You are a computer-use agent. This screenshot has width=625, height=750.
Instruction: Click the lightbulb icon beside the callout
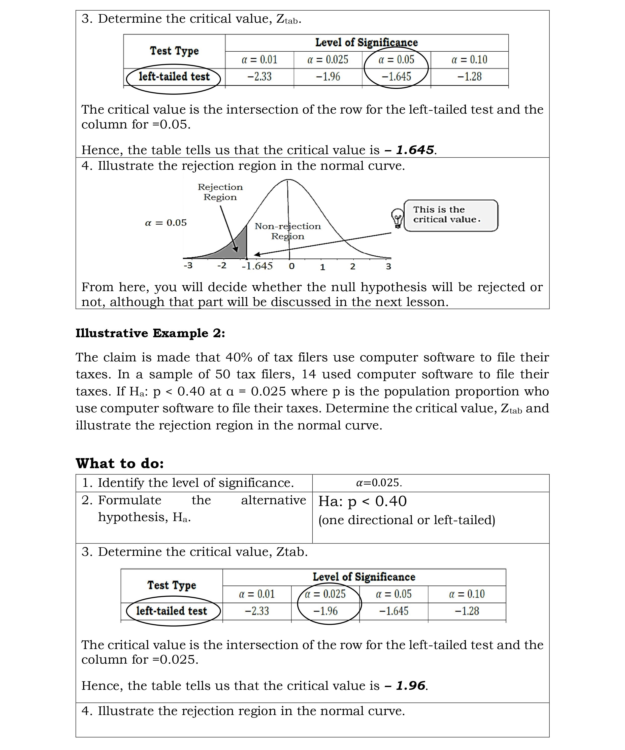click(x=397, y=218)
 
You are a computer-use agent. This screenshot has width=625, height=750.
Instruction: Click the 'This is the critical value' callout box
click(x=450, y=215)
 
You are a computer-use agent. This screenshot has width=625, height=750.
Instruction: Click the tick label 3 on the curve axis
click(x=388, y=266)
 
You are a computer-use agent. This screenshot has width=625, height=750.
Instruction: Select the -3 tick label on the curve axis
click(x=188, y=265)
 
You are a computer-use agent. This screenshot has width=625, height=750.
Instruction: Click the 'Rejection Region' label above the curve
click(x=220, y=192)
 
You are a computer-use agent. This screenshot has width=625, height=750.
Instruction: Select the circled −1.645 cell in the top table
click(x=396, y=76)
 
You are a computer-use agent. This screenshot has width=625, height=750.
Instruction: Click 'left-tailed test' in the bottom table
click(x=172, y=611)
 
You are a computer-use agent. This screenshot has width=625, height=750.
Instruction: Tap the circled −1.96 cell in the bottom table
click(x=325, y=611)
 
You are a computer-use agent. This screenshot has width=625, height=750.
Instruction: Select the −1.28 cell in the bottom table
click(x=467, y=611)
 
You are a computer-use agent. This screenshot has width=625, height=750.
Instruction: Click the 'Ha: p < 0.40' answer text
click(x=362, y=501)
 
